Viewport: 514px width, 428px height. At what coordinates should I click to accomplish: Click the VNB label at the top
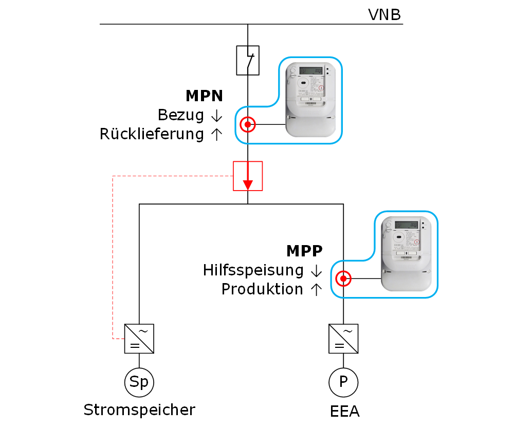[384, 14]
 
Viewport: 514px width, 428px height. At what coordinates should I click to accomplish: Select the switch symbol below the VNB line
[248, 61]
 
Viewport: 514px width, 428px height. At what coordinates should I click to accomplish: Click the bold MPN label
[204, 96]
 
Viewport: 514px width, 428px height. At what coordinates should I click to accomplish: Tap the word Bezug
[181, 115]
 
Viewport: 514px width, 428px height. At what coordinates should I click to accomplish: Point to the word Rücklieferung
[152, 135]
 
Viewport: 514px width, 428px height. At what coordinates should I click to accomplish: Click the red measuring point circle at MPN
[248, 124]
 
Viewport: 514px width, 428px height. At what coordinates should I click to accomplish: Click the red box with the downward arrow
[248, 176]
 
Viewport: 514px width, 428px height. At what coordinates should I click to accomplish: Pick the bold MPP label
[304, 251]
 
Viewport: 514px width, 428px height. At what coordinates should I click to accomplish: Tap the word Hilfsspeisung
[253, 270]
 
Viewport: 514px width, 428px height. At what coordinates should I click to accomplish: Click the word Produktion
[262, 289]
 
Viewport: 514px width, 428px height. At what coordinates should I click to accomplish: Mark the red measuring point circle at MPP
[343, 279]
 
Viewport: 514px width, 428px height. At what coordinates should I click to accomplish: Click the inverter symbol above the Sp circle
[139, 339]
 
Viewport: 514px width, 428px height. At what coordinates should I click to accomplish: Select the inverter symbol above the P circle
[343, 339]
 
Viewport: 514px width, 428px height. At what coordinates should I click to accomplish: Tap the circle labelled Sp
[139, 382]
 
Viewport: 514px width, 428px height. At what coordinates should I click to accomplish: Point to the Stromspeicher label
[139, 410]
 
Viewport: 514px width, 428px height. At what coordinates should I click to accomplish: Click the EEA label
[344, 412]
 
